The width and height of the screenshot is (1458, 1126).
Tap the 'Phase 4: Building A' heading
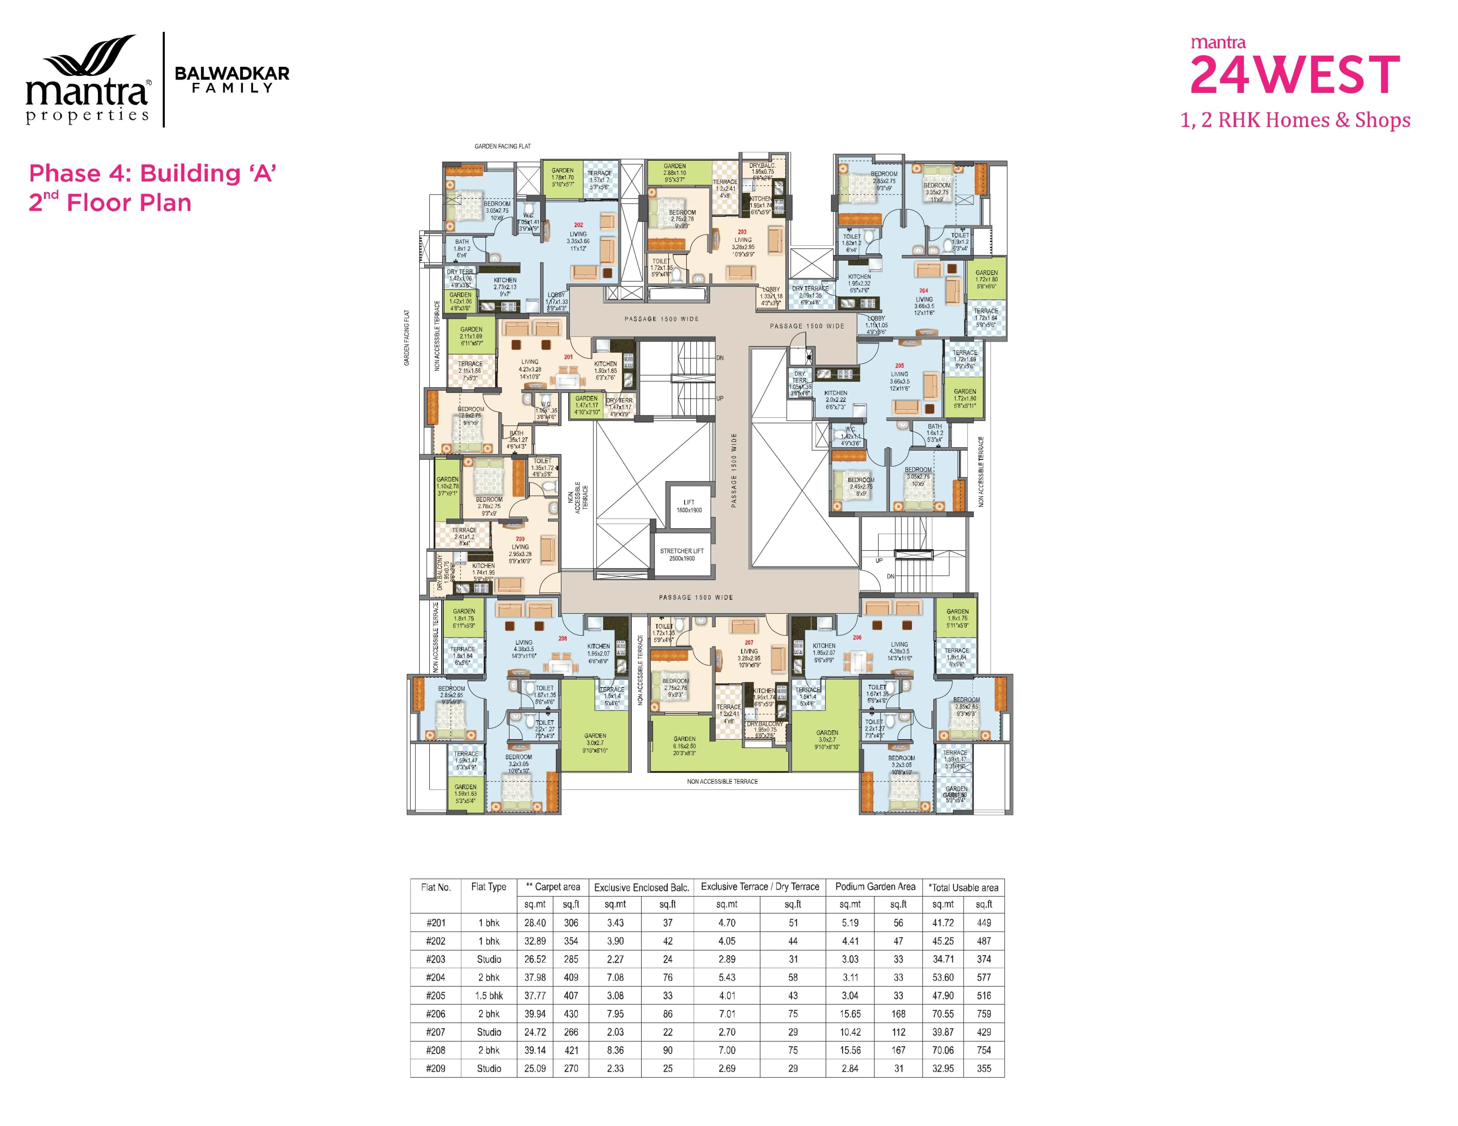152,173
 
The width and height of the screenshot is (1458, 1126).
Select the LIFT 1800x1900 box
688,506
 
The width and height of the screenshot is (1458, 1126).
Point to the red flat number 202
578,225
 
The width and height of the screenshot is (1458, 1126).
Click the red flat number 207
749,643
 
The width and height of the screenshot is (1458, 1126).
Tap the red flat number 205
899,366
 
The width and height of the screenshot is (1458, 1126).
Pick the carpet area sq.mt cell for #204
535,977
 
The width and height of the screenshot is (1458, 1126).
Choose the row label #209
436,1068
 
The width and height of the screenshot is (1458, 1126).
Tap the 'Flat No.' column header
436,887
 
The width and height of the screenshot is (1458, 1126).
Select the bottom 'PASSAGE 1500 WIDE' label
696,597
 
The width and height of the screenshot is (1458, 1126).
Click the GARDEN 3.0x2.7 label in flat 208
595,743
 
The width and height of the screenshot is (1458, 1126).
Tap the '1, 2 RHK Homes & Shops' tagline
1295,120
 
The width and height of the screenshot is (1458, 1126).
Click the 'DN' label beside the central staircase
720,358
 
